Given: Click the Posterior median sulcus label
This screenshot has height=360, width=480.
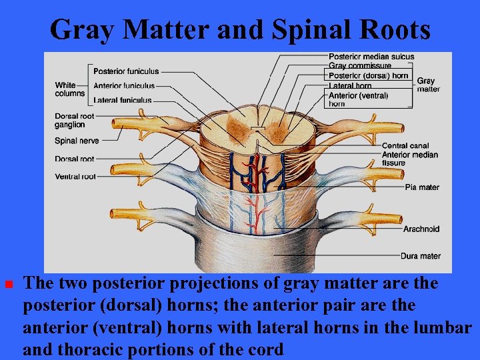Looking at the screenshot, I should tap(371, 57).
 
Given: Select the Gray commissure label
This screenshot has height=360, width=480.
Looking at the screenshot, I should tap(360, 66).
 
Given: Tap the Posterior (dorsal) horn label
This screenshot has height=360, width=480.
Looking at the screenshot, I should tap(368, 76).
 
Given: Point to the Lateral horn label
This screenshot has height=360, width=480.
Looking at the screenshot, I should tap(350, 86).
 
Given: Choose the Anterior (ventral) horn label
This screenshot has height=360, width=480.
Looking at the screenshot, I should tap(358, 99).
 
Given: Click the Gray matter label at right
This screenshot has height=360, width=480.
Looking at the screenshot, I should tap(428, 85).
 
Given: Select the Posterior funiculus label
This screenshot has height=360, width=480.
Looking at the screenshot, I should tap(126, 71).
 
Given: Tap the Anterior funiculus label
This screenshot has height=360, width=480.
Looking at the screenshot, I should tap(124, 85).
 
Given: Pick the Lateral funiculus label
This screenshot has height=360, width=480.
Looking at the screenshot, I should tap(122, 100).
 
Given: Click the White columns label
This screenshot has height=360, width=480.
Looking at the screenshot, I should tap(70, 89).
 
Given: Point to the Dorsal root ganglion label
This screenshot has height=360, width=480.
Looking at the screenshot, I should tap(70, 121).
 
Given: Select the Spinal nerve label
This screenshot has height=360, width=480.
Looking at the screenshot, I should tap(77, 141).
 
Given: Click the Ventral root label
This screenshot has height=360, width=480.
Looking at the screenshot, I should tap(75, 177).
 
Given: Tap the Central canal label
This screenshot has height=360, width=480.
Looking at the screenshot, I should tap(405, 146).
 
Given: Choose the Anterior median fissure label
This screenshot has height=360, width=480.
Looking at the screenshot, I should tap(410, 159).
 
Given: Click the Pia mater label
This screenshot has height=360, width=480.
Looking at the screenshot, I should tap(422, 187).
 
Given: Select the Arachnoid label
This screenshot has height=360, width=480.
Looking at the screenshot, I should tap(421, 229).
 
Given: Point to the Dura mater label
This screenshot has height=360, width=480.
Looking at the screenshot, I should tap(420, 256).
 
